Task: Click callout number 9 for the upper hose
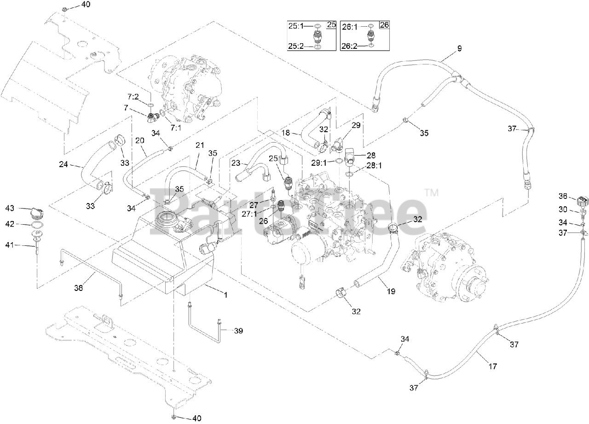459,48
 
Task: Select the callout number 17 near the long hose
492,367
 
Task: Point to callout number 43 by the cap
10,208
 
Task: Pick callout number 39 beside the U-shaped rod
238,331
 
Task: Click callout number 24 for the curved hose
64,163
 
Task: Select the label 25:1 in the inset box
296,27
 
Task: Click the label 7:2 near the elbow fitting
133,97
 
